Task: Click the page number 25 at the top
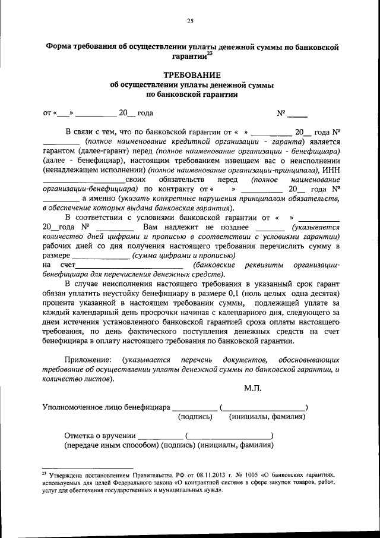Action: click(x=190, y=22)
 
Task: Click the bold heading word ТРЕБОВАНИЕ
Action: click(x=190, y=75)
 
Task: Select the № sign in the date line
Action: click(x=281, y=112)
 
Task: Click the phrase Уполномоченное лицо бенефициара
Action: click(x=105, y=407)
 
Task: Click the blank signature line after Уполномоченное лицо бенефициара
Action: click(x=194, y=408)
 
